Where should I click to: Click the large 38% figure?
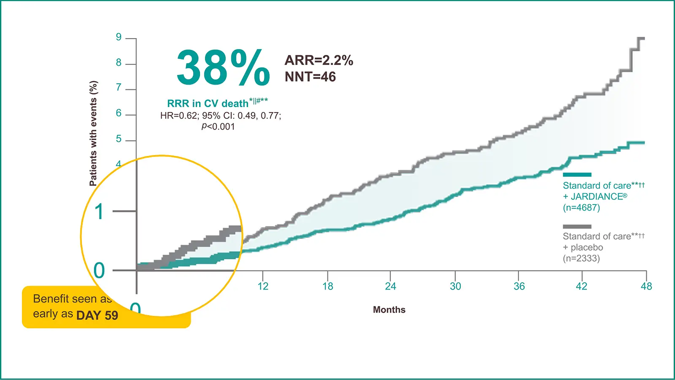pos(223,68)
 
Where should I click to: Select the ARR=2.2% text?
pos(319,60)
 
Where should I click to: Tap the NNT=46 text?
pos(310,77)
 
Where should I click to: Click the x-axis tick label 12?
pos(263,286)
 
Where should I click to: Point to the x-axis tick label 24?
pos(390,286)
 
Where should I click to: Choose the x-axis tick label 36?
pos(519,286)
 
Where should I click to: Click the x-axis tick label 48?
pos(646,286)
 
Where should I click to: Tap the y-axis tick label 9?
pos(119,37)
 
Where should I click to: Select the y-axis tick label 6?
pos(119,113)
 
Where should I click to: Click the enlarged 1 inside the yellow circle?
pos(99,212)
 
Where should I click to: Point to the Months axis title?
pos(389,309)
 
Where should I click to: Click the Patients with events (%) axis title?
pos(93,133)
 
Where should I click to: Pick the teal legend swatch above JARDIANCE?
pos(577,175)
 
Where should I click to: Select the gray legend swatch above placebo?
pos(577,226)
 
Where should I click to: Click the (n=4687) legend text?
pos(581,207)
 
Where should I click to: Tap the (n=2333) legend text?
pos(581,258)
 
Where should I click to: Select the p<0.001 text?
pos(218,126)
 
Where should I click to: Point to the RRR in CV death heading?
pos(208,104)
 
